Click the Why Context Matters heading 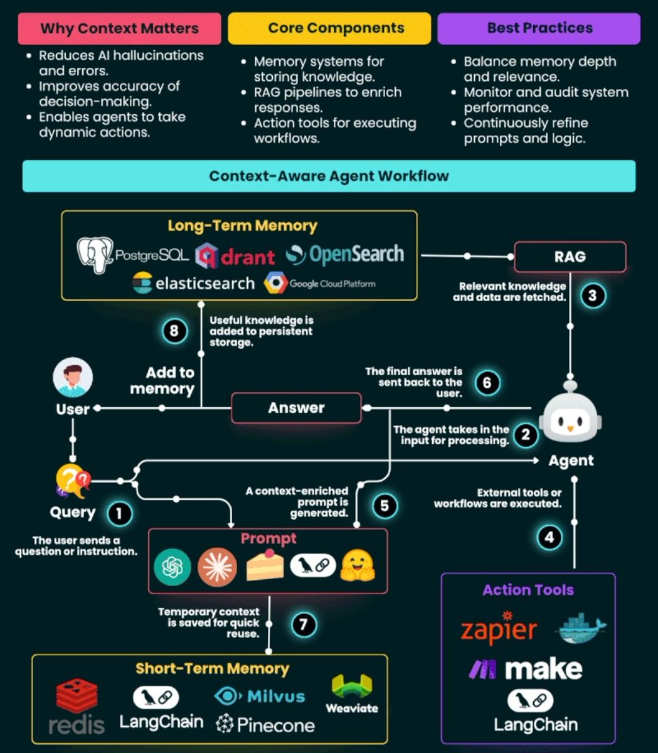click(119, 28)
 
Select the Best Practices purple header click(539, 28)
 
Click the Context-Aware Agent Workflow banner click(329, 176)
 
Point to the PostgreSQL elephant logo click(95, 255)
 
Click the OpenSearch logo click(345, 254)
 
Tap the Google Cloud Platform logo click(319, 284)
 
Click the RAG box click(570, 256)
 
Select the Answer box click(296, 408)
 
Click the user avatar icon click(73, 378)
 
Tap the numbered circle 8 click(174, 331)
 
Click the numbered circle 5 click(385, 506)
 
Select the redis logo click(77, 707)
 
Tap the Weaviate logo click(352, 693)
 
